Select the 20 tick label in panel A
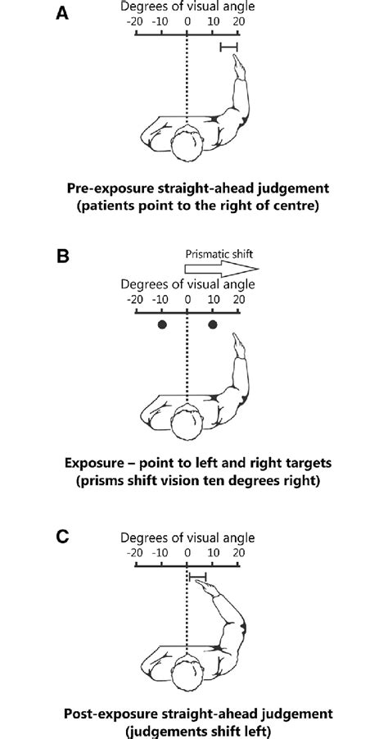click(x=238, y=22)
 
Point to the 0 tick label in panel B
click(x=187, y=299)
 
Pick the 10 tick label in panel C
click(x=213, y=553)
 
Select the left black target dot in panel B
click(x=162, y=324)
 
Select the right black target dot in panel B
click(x=214, y=324)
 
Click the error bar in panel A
click(x=229, y=48)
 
